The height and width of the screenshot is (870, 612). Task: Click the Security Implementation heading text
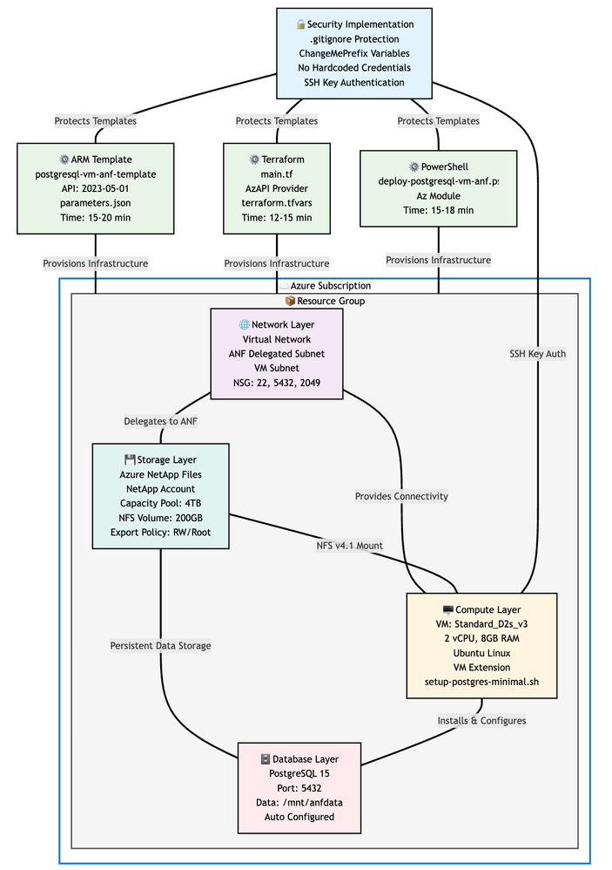[x=360, y=24]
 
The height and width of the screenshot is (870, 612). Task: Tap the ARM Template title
[x=96, y=159]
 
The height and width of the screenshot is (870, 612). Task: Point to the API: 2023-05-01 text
[x=96, y=188]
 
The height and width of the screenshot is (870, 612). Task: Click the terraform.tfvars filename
[x=277, y=203]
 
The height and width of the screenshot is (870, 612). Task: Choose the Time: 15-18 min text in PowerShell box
[x=438, y=210]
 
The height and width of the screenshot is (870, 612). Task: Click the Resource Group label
[x=325, y=301]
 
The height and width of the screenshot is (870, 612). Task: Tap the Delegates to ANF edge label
[x=161, y=422]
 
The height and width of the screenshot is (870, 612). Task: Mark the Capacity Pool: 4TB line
[x=161, y=503]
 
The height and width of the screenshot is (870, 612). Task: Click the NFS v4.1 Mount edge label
[x=349, y=546]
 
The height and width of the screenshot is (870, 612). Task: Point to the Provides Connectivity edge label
[x=401, y=496]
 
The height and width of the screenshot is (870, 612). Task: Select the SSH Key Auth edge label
[x=538, y=354]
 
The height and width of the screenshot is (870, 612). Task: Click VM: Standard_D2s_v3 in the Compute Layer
[x=481, y=624]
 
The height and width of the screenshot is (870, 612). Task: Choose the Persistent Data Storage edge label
[x=161, y=646]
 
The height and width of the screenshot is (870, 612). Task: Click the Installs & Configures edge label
[x=481, y=721]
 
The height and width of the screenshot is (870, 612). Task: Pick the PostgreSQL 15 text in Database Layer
[x=299, y=773]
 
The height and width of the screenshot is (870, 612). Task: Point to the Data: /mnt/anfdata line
[x=299, y=803]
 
